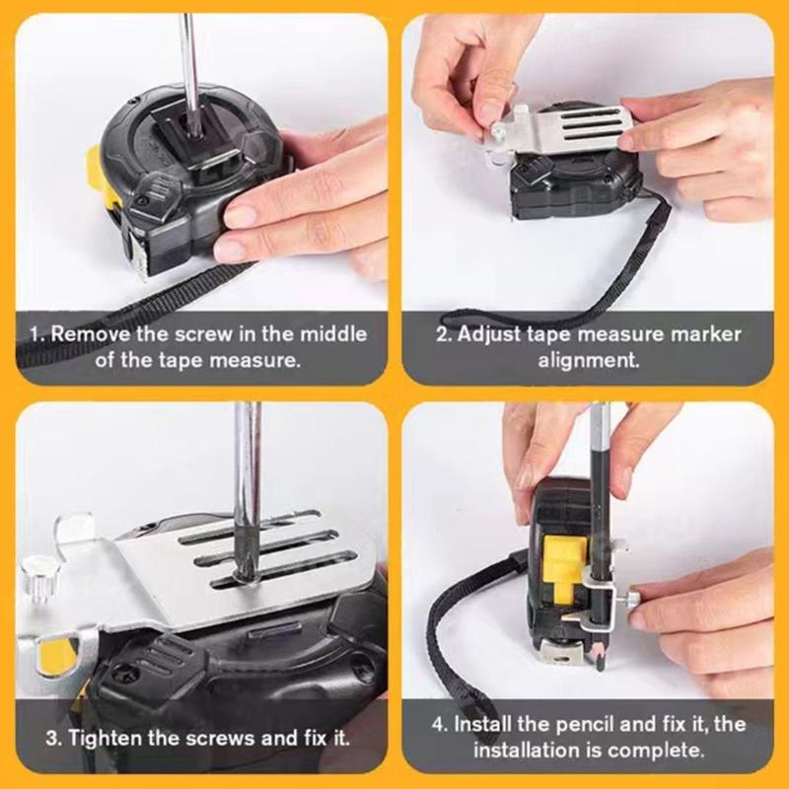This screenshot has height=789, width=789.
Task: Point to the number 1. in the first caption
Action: tap(36, 333)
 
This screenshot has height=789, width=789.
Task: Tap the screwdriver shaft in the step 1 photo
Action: tap(184, 59)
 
